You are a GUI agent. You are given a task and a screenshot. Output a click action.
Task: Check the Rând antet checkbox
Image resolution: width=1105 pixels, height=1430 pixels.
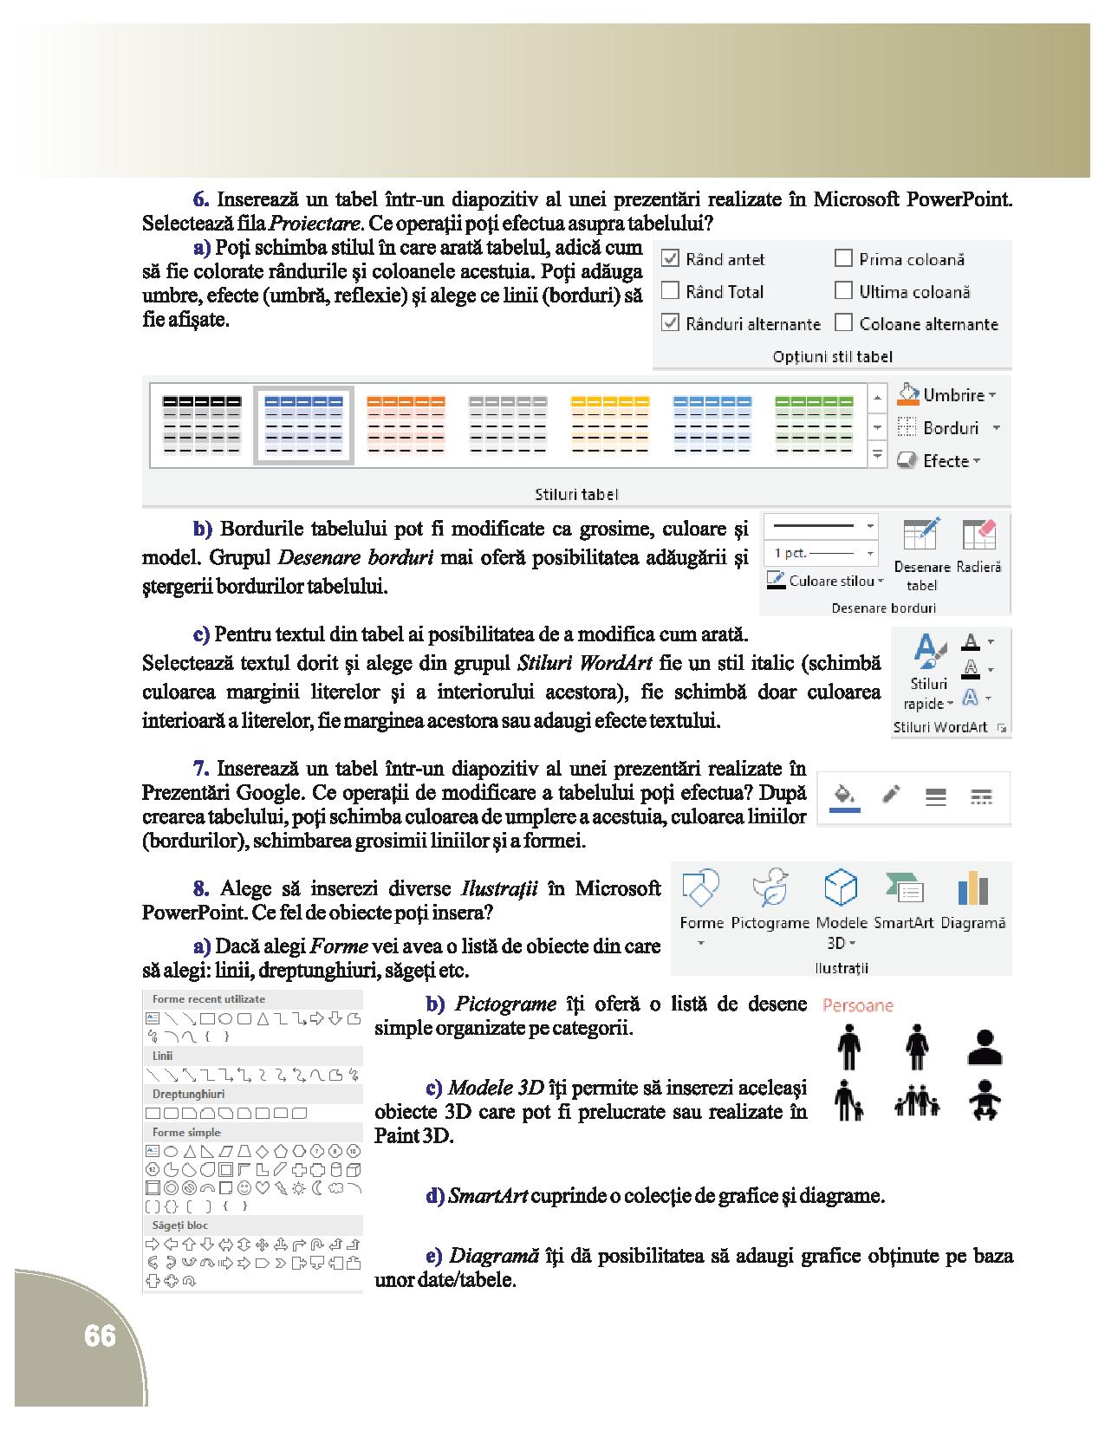tap(670, 258)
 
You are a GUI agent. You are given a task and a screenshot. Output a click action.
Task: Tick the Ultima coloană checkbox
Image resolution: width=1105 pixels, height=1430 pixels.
tap(843, 291)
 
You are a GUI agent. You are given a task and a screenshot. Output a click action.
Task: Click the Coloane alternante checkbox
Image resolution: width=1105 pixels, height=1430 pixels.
tap(843, 323)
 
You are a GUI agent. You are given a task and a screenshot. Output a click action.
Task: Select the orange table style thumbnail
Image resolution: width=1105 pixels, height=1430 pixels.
tap(406, 425)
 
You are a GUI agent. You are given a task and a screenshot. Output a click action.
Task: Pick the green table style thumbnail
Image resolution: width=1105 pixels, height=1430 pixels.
tap(813, 425)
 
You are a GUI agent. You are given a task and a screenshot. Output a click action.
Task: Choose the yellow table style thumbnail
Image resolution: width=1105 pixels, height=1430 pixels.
tap(609, 425)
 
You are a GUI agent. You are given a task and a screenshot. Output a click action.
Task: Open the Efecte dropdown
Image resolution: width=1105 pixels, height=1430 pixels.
tap(939, 461)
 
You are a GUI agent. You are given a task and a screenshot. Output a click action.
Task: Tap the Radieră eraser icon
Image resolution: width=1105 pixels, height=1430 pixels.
tap(979, 535)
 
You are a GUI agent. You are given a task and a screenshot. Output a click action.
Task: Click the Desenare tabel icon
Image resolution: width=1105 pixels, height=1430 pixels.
tap(921, 535)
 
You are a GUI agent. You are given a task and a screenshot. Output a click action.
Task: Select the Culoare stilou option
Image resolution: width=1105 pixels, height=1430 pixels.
tap(824, 581)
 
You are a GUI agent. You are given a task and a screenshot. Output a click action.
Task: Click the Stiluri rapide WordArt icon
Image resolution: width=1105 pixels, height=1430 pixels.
tap(928, 651)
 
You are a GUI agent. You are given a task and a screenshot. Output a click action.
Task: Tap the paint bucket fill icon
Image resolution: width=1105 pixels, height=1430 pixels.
tap(844, 795)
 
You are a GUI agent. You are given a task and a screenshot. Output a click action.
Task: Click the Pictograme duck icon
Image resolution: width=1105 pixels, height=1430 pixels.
tap(770, 887)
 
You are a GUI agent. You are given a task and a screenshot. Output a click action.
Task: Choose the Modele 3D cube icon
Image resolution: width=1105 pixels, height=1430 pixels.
tap(841, 887)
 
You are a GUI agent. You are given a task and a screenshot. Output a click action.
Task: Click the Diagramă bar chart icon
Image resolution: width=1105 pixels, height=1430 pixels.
tap(972, 887)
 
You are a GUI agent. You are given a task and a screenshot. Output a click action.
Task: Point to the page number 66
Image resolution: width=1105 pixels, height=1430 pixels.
tap(100, 1336)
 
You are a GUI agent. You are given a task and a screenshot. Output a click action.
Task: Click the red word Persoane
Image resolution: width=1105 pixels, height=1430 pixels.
tap(857, 1005)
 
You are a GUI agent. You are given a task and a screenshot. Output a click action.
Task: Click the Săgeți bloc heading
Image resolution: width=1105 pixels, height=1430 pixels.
tap(180, 1225)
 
